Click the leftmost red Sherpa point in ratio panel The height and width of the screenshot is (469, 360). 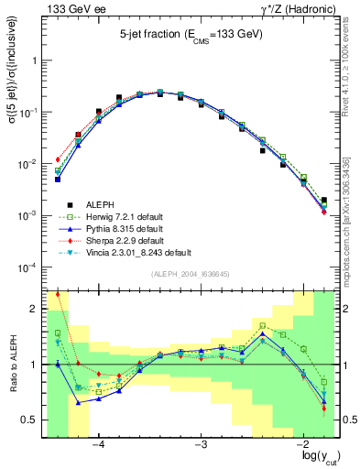tap(58, 294)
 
